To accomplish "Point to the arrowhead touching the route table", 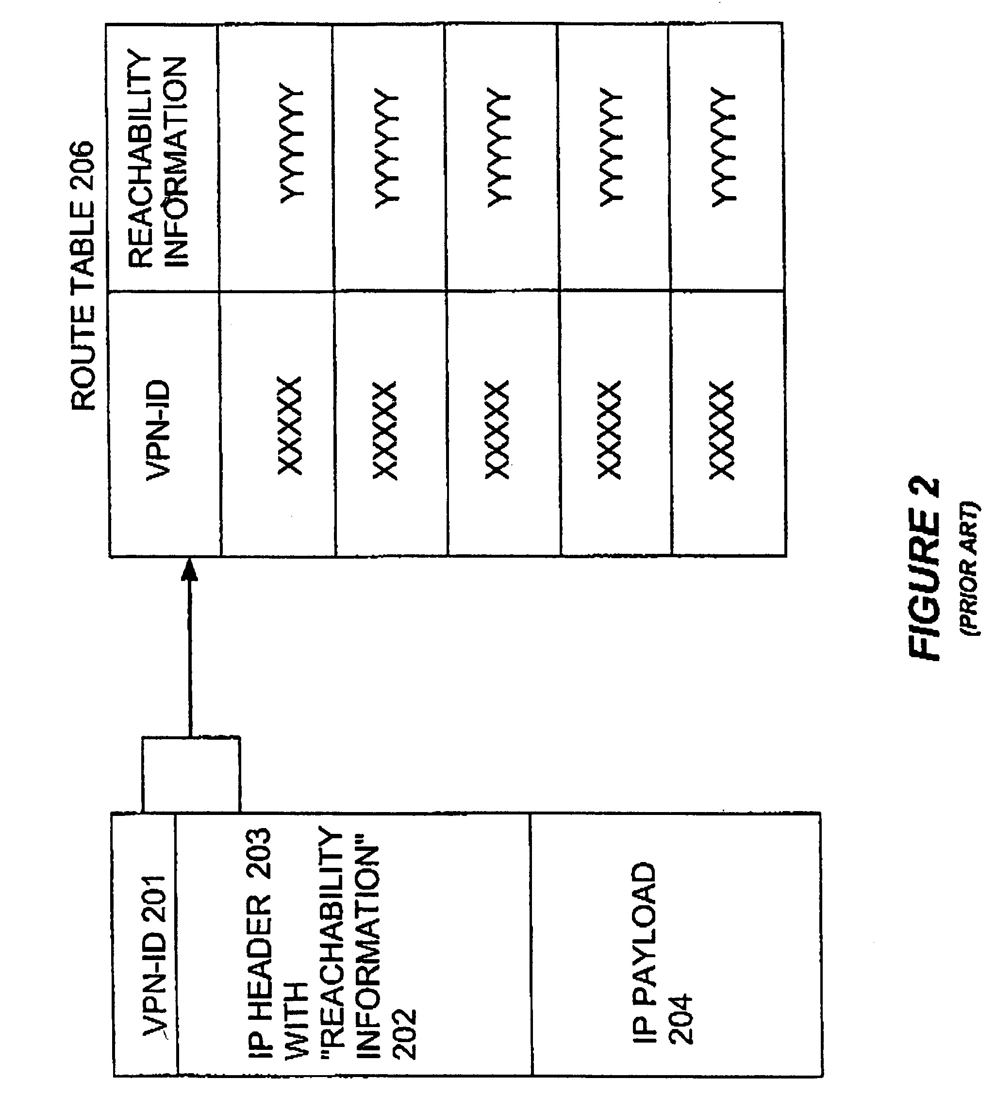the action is click(x=189, y=570).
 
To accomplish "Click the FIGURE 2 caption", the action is click(x=924, y=569).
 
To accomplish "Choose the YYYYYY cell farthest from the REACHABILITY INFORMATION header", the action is click(x=723, y=147).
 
